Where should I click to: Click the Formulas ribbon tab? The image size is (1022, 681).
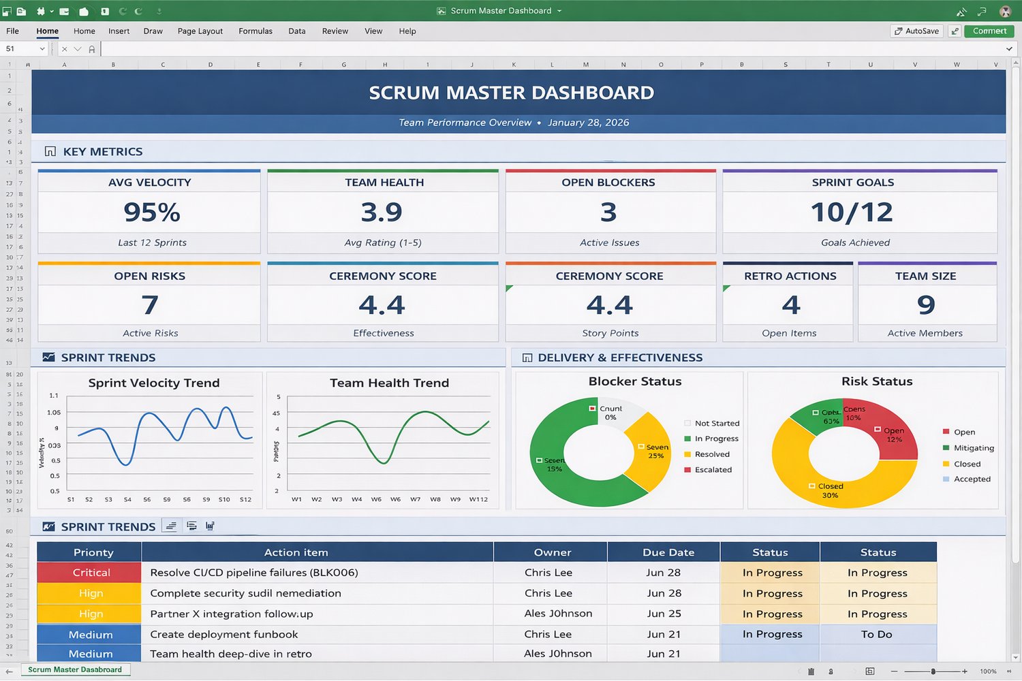pyautogui.click(x=255, y=31)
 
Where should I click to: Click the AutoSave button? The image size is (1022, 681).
pyautogui.click(x=916, y=31)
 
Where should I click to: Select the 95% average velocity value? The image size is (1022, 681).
pyautogui.click(x=151, y=212)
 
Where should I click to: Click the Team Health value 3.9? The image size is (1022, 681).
pyautogui.click(x=382, y=212)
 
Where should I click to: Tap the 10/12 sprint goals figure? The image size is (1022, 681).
pyautogui.click(x=852, y=212)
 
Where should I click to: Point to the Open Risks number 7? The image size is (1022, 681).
pyautogui.click(x=150, y=305)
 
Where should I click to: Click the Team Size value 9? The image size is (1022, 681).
pyautogui.click(x=926, y=305)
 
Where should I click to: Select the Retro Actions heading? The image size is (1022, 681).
pyautogui.click(x=790, y=276)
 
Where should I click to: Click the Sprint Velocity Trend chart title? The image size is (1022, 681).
pyautogui.click(x=154, y=383)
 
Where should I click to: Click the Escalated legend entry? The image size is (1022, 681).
pyautogui.click(x=713, y=470)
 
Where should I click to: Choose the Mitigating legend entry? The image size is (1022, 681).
pyautogui.click(x=973, y=448)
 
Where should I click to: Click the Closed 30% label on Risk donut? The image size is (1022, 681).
pyautogui.click(x=830, y=490)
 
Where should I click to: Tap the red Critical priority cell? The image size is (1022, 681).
pyautogui.click(x=91, y=573)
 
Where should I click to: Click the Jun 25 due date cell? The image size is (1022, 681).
pyautogui.click(x=664, y=614)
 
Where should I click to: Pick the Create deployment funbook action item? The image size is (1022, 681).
pyautogui.click(x=223, y=634)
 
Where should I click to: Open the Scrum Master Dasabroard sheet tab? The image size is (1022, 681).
pyautogui.click(x=75, y=670)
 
